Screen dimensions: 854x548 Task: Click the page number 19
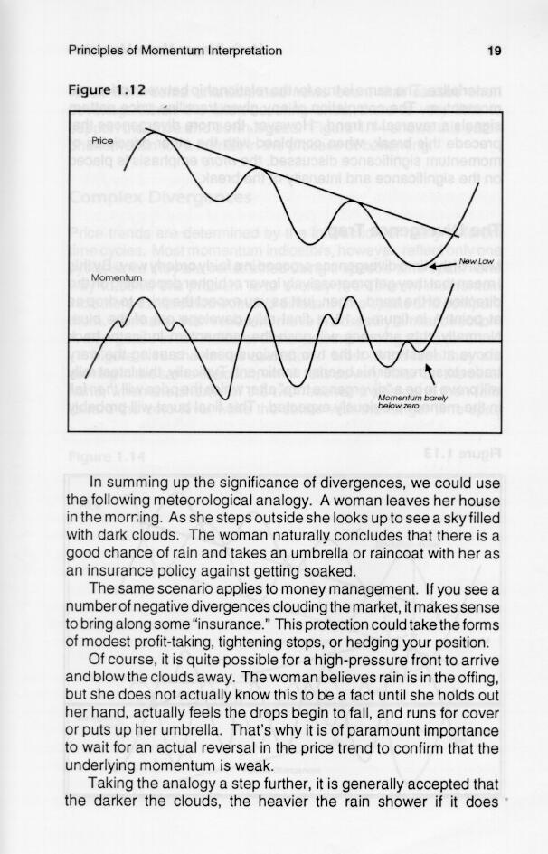pyautogui.click(x=494, y=51)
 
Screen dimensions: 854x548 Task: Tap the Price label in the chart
pyautogui.click(x=100, y=142)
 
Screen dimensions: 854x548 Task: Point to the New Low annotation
pyautogui.click(x=477, y=261)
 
